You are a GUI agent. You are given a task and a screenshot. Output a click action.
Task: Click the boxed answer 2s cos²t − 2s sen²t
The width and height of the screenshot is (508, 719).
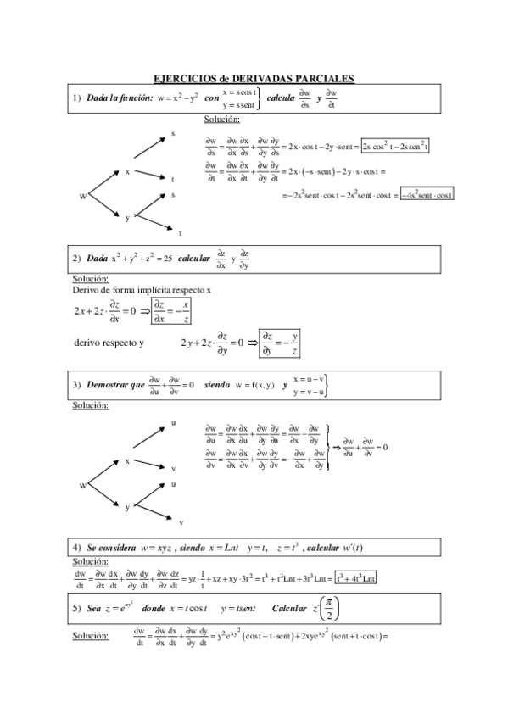(x=394, y=146)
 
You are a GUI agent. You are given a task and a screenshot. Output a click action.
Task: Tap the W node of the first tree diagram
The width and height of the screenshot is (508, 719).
(x=83, y=196)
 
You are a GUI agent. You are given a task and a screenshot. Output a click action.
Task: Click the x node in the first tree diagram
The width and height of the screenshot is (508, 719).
(x=127, y=172)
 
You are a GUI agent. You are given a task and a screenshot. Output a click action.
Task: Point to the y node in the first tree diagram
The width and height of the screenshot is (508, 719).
(x=127, y=218)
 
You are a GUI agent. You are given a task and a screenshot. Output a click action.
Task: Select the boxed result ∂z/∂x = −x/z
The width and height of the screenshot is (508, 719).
(x=170, y=309)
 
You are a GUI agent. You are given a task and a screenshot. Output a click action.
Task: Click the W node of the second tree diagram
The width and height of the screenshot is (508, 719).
(x=83, y=485)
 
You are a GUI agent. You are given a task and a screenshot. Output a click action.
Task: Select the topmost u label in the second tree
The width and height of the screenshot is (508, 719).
(x=173, y=422)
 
